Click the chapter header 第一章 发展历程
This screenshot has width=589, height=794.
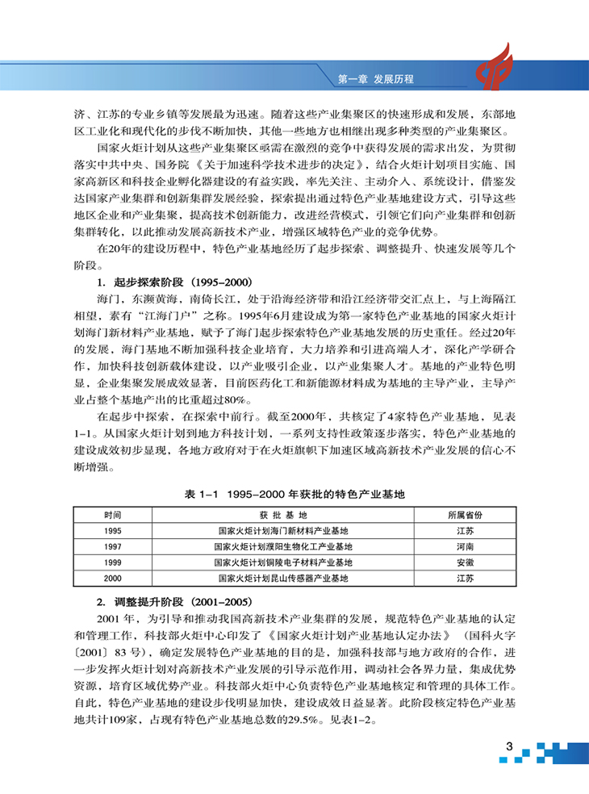376,79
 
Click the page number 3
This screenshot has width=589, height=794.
510,745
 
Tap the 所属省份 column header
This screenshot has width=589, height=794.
465,514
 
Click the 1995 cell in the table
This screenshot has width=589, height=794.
113,530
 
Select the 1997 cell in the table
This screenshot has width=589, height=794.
113,546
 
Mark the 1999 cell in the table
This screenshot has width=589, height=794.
113,562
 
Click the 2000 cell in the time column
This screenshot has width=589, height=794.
113,579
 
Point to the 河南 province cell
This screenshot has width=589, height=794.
465,546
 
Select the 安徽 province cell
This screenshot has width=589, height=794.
465,562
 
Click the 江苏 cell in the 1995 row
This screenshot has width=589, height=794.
465,530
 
